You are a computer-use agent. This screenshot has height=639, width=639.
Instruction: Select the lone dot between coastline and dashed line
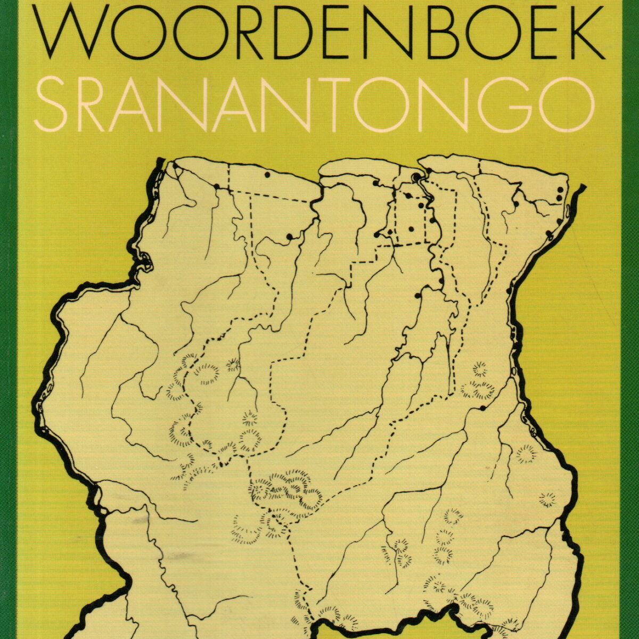click(x=267, y=174)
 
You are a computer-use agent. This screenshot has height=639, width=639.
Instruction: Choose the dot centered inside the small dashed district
click(x=411, y=229)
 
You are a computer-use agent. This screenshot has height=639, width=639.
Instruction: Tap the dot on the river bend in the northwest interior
click(x=290, y=236)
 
